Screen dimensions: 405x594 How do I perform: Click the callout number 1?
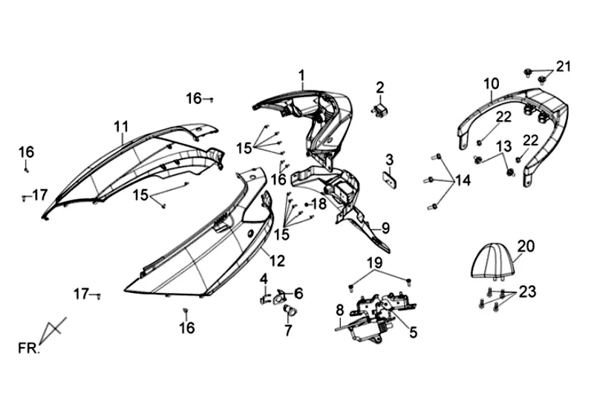coord(302,75)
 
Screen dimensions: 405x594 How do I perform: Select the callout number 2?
coord(379,88)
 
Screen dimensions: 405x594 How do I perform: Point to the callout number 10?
coord(492,83)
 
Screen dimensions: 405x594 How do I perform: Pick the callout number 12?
coord(276,260)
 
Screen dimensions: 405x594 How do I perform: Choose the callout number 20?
coord(526,246)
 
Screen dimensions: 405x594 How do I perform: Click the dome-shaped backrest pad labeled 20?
coord(494,262)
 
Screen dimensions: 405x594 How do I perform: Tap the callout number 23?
coord(527,292)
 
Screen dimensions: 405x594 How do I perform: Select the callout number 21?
coord(564,67)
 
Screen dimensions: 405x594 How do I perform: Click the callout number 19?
coord(374,263)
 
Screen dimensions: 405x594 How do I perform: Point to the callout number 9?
coord(385,228)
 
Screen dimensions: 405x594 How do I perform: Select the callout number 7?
coord(288,330)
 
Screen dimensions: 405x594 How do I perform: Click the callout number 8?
coord(339,309)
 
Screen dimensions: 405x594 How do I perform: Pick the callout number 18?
coord(319,204)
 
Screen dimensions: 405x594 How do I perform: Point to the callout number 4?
coord(264,278)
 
